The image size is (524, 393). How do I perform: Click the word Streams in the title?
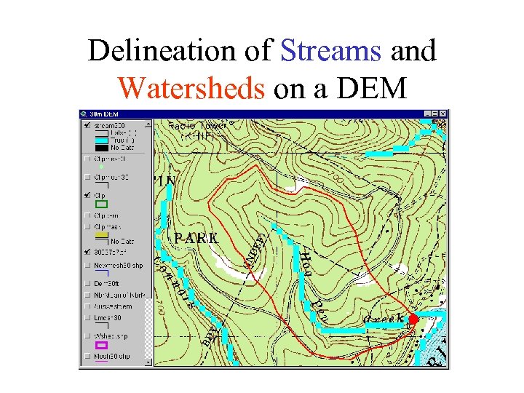330,51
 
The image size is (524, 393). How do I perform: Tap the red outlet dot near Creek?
413,319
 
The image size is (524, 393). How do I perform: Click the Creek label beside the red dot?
383,319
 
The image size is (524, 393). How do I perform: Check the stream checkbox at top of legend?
87,126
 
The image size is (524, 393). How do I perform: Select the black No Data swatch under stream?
102,147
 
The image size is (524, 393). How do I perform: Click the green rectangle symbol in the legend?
102,205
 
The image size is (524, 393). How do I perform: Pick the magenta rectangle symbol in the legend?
102,345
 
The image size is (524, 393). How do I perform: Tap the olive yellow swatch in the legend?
102,235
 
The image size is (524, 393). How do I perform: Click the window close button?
443,114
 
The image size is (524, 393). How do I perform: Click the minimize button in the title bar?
427,114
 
